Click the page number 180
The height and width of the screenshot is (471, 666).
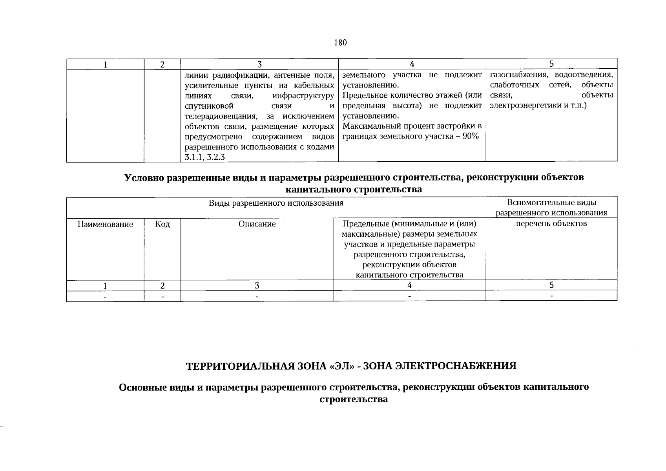pos(340,43)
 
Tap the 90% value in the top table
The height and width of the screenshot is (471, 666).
pos(471,137)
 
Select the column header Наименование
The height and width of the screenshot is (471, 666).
pos(105,224)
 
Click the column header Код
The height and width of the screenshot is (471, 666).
pos(162,224)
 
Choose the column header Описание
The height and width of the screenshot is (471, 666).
pos(257,224)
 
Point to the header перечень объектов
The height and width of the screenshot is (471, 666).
pos(551,224)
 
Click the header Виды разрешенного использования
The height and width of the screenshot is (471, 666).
pos(276,203)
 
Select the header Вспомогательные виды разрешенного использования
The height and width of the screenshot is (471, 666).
pos(551,208)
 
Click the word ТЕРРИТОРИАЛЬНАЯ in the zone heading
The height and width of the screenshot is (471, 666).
pos(239,366)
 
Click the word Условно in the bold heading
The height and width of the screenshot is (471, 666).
pos(144,177)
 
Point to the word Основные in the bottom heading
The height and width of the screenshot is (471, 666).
pos(142,387)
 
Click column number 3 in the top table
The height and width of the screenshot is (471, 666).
pos(259,64)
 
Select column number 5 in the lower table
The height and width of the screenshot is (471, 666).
pos(551,285)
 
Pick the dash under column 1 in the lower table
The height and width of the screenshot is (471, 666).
pos(105,296)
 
